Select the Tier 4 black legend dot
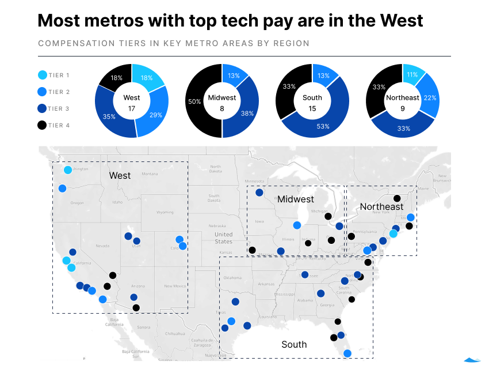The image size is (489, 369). pyautogui.click(x=43, y=125)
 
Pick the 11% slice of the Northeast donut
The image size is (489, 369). pyautogui.click(x=412, y=75)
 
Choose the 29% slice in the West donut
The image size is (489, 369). pyautogui.click(x=157, y=116)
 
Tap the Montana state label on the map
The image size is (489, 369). pyautogui.click(x=150, y=174)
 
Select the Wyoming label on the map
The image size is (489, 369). pyautogui.click(x=165, y=212)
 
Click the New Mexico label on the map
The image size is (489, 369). pyautogui.click(x=175, y=286)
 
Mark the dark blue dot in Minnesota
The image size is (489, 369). pyautogui.click(x=259, y=193)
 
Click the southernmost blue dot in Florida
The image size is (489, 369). pyautogui.click(x=347, y=353)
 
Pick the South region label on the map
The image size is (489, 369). pyautogui.click(x=294, y=344)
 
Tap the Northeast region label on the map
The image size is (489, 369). pyautogui.click(x=381, y=206)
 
